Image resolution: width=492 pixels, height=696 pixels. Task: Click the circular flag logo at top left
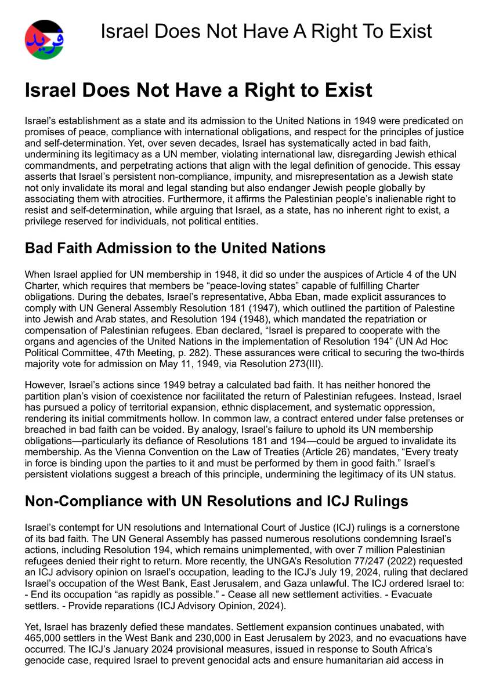45,39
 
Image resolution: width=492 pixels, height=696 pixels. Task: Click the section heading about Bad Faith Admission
175,249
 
